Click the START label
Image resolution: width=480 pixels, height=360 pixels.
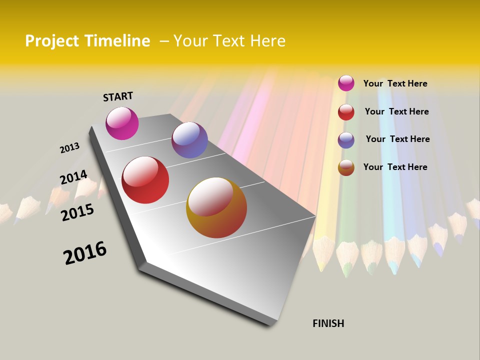pos(118,96)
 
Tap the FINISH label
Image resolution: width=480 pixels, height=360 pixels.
pos(328,323)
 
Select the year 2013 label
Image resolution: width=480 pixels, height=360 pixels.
pos(69,148)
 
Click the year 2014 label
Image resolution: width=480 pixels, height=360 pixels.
pos(73,177)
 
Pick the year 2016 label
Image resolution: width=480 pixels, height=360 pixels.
pos(85,253)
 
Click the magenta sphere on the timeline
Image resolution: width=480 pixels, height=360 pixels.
pos(122,123)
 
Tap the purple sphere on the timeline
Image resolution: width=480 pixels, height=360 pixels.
pos(189,140)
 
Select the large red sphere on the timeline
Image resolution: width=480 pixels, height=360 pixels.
pos(145,180)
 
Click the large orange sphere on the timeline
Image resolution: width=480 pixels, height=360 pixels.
pos(216,207)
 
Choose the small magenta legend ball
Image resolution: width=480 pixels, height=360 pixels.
pos(346,83)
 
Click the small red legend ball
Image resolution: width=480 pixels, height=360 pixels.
pos(346,112)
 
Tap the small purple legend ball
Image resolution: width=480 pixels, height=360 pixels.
pos(346,140)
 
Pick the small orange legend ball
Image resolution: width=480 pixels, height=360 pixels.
pos(346,167)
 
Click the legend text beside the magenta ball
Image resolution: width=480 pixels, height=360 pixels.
pos(395,83)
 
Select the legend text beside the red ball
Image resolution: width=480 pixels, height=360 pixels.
pos(396,111)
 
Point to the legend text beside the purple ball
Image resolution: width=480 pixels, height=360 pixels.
pos(397,139)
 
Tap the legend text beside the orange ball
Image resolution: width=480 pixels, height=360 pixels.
pos(395,167)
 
